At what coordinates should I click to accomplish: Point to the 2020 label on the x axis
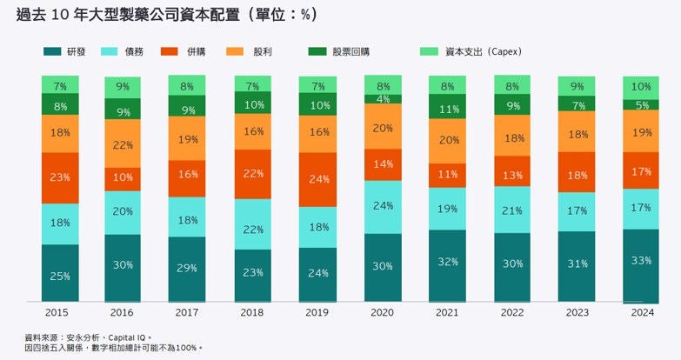383,310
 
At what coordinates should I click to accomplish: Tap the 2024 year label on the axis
641,310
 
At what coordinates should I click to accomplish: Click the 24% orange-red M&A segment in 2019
318,180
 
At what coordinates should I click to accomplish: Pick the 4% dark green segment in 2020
383,99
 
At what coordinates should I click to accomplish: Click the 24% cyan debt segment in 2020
383,207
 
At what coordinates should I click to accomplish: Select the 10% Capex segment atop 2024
641,87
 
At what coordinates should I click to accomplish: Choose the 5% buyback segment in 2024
641,104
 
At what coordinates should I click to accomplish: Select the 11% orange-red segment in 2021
448,174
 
